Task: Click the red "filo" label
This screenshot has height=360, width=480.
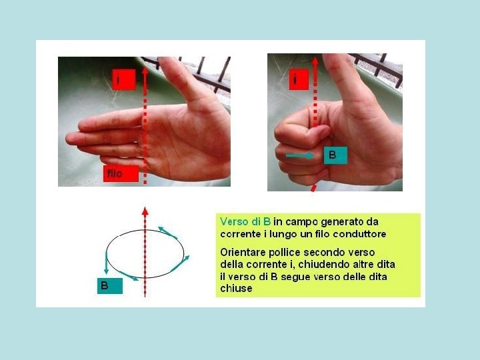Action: pyautogui.click(x=121, y=173)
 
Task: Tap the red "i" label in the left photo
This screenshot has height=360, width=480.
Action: pyautogui.click(x=124, y=79)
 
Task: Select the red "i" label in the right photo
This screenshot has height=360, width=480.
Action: pyautogui.click(x=299, y=79)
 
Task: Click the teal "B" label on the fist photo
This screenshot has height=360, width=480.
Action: pyautogui.click(x=335, y=155)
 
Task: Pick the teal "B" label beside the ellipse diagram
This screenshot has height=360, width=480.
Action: pyautogui.click(x=110, y=286)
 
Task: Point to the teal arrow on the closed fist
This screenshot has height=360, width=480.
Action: pyautogui.click(x=300, y=155)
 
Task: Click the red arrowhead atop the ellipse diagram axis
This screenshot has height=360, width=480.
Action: pyautogui.click(x=145, y=211)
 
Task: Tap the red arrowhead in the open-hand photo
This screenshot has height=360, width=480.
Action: pyautogui.click(x=145, y=71)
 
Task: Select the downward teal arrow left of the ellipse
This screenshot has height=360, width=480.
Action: pyautogui.click(x=106, y=263)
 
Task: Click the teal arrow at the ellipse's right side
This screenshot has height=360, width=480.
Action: pyautogui.click(x=180, y=263)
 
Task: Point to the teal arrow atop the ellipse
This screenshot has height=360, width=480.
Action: pyautogui.click(x=167, y=233)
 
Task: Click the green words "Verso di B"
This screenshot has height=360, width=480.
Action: pyautogui.click(x=245, y=221)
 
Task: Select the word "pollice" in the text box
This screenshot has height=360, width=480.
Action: pyautogui.click(x=285, y=253)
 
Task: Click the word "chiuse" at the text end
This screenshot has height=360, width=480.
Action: pyautogui.click(x=236, y=289)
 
